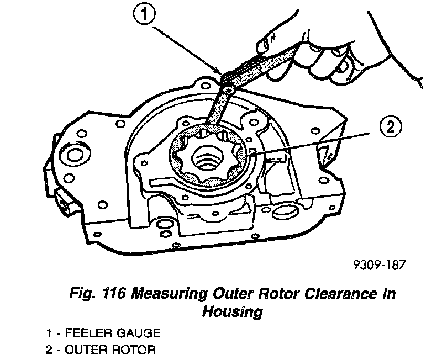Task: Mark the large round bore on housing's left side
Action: (72, 152)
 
